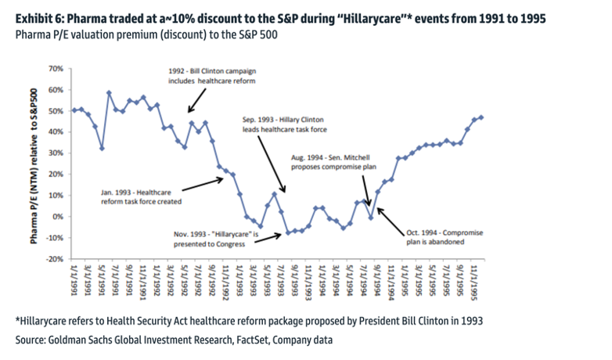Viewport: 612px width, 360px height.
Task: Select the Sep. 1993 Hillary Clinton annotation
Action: click(290, 122)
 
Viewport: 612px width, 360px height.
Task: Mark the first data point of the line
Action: click(74, 110)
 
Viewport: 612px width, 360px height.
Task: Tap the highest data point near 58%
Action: click(110, 93)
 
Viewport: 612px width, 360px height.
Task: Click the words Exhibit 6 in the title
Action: click(38, 17)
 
